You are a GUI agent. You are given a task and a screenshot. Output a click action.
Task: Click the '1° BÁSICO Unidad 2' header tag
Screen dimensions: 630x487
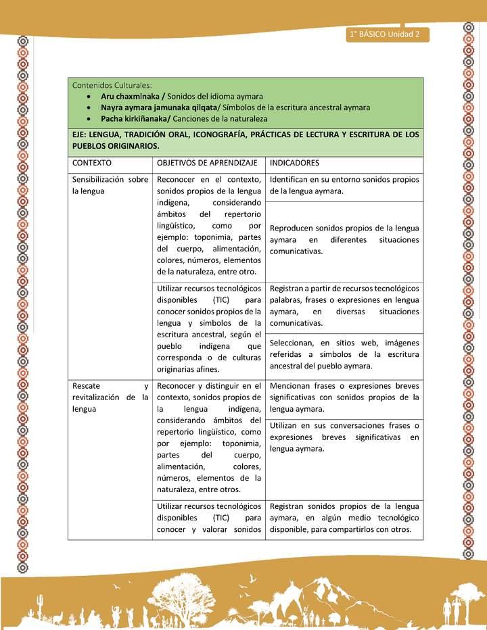tap(385, 35)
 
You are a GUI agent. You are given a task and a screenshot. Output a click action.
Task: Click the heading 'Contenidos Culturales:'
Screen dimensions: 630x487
tap(112, 85)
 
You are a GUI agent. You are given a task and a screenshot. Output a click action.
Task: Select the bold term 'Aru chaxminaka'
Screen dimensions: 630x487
tap(126, 96)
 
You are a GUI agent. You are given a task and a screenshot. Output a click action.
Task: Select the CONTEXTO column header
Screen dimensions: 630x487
tap(92, 163)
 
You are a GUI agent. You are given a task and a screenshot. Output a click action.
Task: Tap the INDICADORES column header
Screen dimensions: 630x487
tap(294, 163)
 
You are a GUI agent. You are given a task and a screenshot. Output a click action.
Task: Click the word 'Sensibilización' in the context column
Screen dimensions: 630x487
tap(99, 180)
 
